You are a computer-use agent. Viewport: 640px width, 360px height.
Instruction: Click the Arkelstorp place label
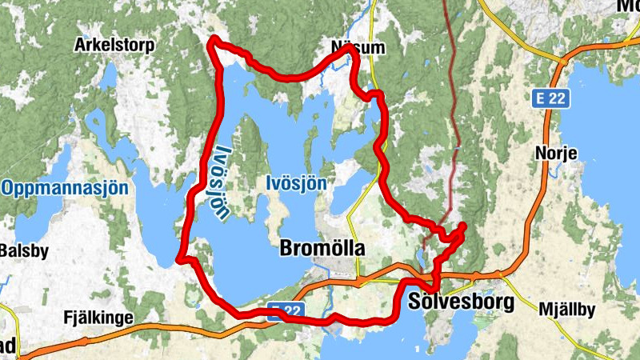click(114, 45)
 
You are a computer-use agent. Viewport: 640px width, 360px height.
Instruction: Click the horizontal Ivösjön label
click(296, 183)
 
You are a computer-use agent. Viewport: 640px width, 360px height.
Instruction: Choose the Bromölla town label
click(322, 249)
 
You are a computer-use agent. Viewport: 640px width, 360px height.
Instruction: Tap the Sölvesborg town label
click(458, 303)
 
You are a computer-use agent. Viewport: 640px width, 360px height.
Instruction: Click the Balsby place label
click(24, 250)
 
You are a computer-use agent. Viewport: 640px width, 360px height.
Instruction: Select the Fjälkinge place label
click(98, 318)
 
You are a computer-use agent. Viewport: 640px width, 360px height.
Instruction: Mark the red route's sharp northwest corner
click(214, 40)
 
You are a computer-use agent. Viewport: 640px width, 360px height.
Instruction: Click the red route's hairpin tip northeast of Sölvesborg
click(463, 226)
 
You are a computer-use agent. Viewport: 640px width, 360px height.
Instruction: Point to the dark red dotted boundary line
click(454, 120)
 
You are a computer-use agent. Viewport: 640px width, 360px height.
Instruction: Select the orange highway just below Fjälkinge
click(120, 330)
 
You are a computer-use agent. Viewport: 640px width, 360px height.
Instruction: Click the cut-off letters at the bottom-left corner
click(7, 346)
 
